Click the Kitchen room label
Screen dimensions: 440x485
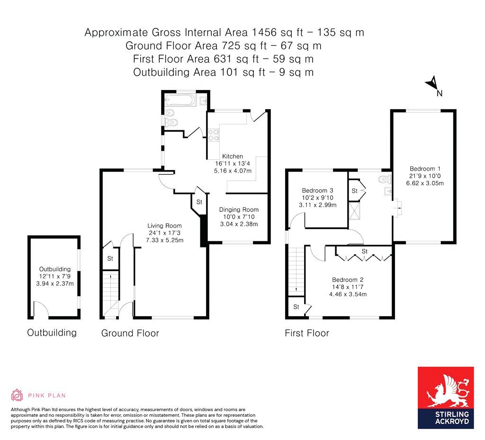point(232,156)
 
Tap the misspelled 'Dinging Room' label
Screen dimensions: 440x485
point(239,210)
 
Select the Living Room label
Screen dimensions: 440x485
point(164,225)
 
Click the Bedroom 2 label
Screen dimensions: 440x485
point(348,279)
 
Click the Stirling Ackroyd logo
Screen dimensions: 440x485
point(445,397)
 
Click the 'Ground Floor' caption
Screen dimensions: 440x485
point(130,333)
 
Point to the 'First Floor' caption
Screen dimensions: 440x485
point(306,333)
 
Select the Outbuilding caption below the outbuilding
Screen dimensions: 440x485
point(52,332)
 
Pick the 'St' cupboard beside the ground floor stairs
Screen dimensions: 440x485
point(110,258)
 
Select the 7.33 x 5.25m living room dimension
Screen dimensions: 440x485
point(164,240)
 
